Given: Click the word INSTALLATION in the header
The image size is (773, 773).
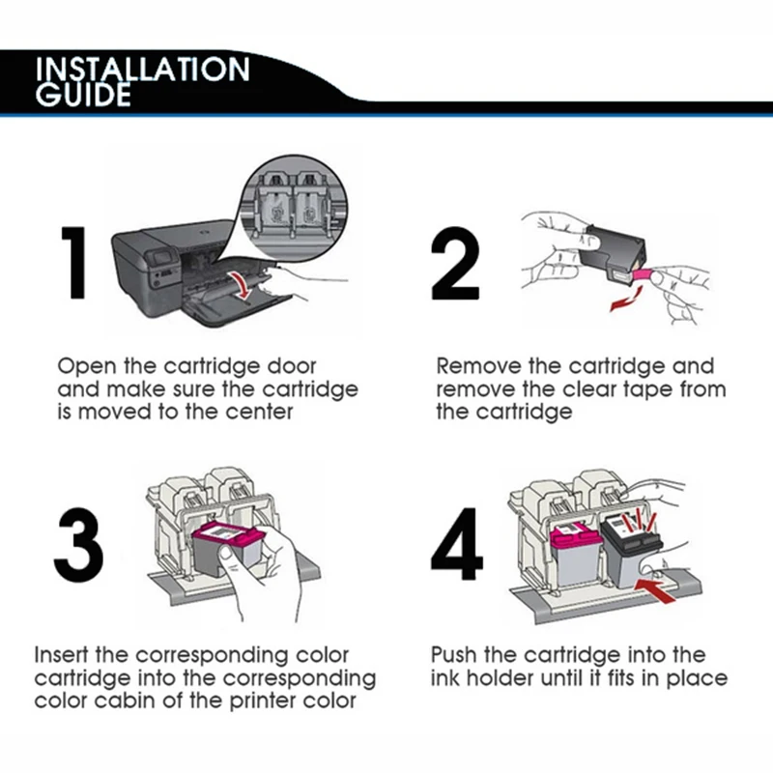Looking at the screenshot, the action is (x=142, y=70).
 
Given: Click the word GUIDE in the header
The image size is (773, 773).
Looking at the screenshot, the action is (x=83, y=95).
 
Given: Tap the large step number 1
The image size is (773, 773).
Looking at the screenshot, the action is (x=74, y=263).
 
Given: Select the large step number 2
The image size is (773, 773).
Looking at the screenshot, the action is (x=454, y=263).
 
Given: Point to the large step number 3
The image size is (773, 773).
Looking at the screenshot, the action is (x=79, y=546).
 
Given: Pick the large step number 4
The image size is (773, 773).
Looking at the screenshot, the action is (x=456, y=544).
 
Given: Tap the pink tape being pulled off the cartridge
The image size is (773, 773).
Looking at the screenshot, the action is (x=642, y=275).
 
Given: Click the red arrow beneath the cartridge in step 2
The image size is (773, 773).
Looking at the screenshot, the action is (x=626, y=300).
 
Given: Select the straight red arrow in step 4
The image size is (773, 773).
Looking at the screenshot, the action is (x=655, y=589).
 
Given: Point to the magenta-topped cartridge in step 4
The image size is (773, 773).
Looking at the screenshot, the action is (x=575, y=555).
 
